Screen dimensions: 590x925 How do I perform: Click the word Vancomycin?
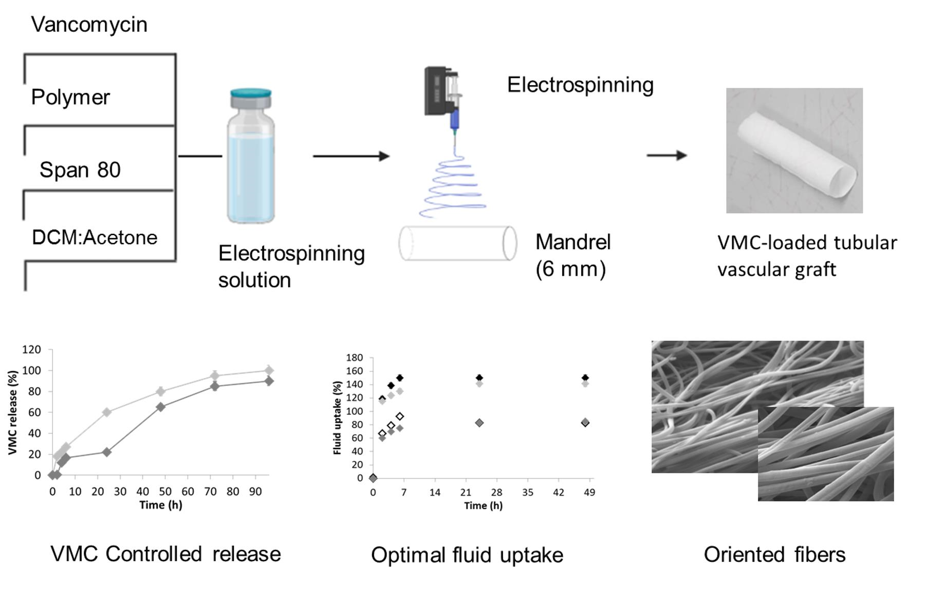(x=89, y=25)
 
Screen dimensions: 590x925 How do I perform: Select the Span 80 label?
(x=80, y=170)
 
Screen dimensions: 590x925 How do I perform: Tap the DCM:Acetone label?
(x=95, y=238)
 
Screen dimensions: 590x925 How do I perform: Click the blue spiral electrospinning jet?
(x=453, y=187)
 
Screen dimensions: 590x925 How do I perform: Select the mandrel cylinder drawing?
(x=457, y=243)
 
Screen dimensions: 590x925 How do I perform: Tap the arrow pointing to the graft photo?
(x=667, y=155)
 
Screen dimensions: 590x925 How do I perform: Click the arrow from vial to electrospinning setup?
(x=351, y=156)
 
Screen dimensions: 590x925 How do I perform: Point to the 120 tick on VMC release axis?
(x=31, y=350)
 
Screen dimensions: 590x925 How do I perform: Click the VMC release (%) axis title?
(x=13, y=412)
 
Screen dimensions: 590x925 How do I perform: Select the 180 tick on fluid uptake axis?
(x=355, y=357)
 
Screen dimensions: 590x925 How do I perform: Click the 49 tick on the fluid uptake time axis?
(x=589, y=492)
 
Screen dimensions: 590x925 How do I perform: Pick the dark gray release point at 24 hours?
(x=106, y=452)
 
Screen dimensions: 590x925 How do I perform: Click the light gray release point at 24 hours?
(x=106, y=412)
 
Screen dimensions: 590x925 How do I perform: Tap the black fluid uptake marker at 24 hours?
(x=479, y=377)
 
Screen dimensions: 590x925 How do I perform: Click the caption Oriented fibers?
(x=774, y=555)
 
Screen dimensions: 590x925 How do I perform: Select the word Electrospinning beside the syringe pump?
(x=580, y=85)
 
